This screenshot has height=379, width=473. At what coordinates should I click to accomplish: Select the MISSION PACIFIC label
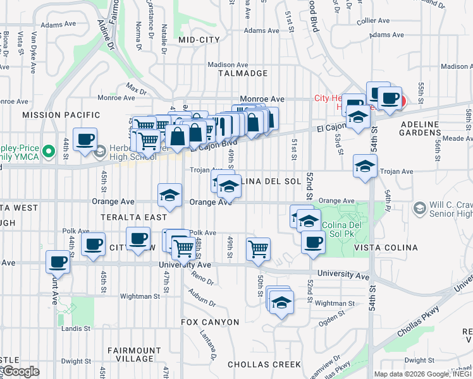point(61,114)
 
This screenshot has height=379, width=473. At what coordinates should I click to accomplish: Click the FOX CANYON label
point(210,322)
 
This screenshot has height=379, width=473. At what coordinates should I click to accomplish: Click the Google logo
point(21,371)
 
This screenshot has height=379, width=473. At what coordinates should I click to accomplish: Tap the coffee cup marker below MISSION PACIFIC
point(85,140)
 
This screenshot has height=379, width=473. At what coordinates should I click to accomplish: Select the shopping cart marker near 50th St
point(259,250)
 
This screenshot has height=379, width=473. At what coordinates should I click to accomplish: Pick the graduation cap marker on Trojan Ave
point(365,167)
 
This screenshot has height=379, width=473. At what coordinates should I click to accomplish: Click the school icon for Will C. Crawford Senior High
point(419,208)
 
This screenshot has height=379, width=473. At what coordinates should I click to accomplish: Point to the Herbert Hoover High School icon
point(100,152)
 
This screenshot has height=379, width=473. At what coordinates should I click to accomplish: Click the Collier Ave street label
point(372,21)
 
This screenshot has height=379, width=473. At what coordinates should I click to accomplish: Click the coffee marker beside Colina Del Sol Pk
point(312,242)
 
